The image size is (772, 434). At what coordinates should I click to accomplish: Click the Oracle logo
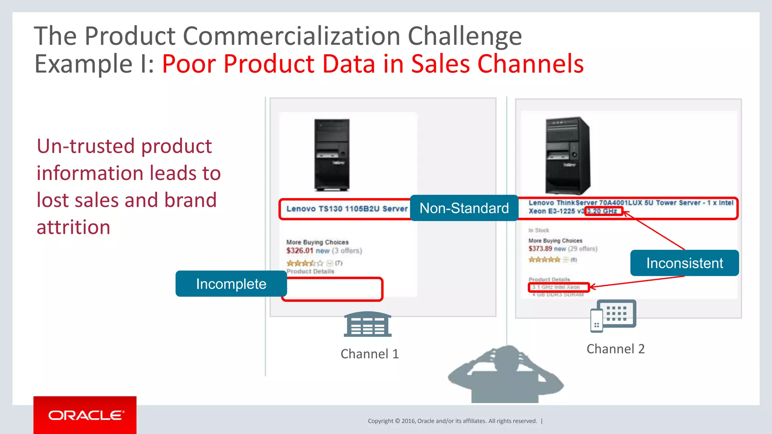pos(85,415)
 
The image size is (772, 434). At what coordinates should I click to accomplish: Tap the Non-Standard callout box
pos(464,208)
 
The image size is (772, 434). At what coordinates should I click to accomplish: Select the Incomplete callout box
pos(231,284)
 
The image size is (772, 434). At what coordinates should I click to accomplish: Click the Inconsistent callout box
pos(684,263)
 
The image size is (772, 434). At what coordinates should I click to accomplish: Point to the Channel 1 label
pos(369,354)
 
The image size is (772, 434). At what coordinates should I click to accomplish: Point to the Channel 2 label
pos(615,349)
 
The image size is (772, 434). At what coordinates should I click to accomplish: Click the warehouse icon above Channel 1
pos(368,324)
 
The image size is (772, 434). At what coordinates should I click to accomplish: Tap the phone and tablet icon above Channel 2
pos(613,316)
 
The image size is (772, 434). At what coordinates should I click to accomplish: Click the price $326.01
pos(300,251)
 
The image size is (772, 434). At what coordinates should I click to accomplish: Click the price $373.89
pos(540,249)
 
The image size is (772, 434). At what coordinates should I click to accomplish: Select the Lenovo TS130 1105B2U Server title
pos(347,209)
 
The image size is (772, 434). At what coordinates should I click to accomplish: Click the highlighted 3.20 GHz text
pos(602,211)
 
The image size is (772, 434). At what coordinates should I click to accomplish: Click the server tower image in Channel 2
pos(568,155)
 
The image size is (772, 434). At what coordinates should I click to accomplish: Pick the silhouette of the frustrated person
pos(505,377)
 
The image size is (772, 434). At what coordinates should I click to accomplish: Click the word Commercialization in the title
pos(292,36)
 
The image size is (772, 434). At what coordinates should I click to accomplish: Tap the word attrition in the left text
pos(74,227)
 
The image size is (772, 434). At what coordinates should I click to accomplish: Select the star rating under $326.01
pos(305,263)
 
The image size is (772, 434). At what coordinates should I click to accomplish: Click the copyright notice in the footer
pos(452,421)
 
